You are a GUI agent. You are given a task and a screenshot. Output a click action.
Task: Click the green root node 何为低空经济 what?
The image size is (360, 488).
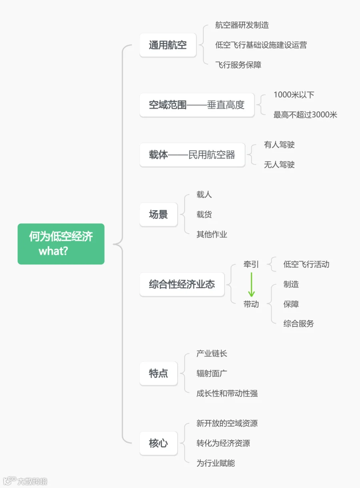[x=61, y=244]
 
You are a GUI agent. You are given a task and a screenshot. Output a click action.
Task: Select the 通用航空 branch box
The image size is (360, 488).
[x=168, y=45]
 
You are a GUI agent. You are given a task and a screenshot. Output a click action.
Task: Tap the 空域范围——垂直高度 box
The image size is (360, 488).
[x=197, y=105]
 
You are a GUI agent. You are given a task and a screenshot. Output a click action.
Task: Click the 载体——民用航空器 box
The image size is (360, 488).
[x=192, y=155]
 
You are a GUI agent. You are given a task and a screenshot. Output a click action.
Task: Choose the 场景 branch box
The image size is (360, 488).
[x=158, y=215]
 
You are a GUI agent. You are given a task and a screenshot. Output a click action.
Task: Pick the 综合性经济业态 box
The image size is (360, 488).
[x=182, y=284]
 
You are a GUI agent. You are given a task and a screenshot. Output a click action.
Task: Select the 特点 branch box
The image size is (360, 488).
[x=158, y=373]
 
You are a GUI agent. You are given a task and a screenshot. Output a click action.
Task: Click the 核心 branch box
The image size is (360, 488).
[x=158, y=443]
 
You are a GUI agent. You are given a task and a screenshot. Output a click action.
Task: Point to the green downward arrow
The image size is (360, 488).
[x=251, y=285]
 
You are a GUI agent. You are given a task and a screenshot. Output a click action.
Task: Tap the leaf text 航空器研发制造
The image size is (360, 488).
[x=242, y=25]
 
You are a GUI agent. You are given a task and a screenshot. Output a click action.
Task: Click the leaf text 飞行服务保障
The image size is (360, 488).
[x=238, y=65]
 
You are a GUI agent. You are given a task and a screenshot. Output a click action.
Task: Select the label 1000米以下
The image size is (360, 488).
[x=294, y=95]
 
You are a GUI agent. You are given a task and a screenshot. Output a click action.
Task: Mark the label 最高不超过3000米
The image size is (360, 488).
[x=305, y=115]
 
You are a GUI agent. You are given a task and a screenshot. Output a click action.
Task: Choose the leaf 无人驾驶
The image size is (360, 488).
[x=279, y=165]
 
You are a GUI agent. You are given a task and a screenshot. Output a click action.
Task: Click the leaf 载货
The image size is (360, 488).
[x=204, y=215]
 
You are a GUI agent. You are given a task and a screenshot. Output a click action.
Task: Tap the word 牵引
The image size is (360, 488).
[x=251, y=265]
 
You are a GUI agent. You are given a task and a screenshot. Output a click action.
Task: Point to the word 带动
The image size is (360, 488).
[x=251, y=304]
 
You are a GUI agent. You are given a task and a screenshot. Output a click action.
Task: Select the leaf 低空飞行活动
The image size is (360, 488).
[x=306, y=265]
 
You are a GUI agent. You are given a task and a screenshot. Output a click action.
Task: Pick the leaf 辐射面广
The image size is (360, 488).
[x=212, y=373]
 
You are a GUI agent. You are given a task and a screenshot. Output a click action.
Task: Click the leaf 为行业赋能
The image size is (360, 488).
[x=216, y=463]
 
